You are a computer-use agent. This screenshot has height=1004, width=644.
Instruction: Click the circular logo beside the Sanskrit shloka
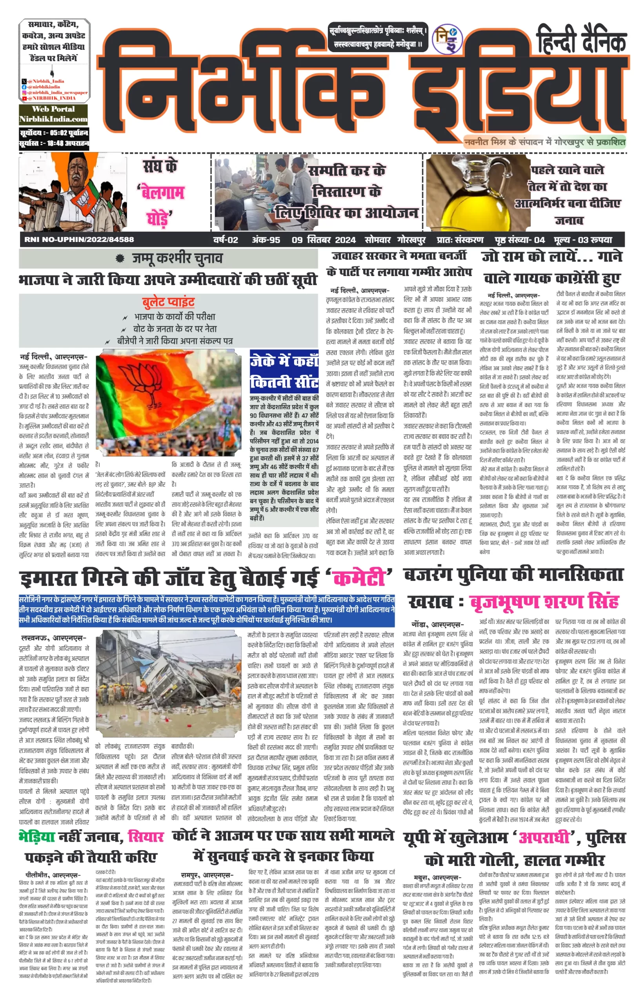pyautogui.click(x=447, y=39)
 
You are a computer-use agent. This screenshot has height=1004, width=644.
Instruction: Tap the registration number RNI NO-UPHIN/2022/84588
pyautogui.click(x=79, y=240)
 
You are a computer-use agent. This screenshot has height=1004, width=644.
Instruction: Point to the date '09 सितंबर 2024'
pyautogui.click(x=324, y=240)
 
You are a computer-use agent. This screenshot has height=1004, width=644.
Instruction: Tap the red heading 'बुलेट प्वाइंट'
pyautogui.click(x=168, y=302)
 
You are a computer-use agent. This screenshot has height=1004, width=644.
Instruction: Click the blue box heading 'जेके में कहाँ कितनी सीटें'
pyautogui.click(x=284, y=372)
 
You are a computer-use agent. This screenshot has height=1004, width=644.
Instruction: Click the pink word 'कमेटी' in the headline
pyautogui.click(x=359, y=578)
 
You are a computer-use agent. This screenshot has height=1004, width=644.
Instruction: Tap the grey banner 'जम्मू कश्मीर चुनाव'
pyautogui.click(x=168, y=258)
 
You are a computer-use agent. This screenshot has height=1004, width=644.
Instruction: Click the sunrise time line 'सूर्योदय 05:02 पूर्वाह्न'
pyautogui.click(x=53, y=133)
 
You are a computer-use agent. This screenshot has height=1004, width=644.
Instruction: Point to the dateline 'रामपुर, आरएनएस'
pyautogui.click(x=207, y=875)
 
